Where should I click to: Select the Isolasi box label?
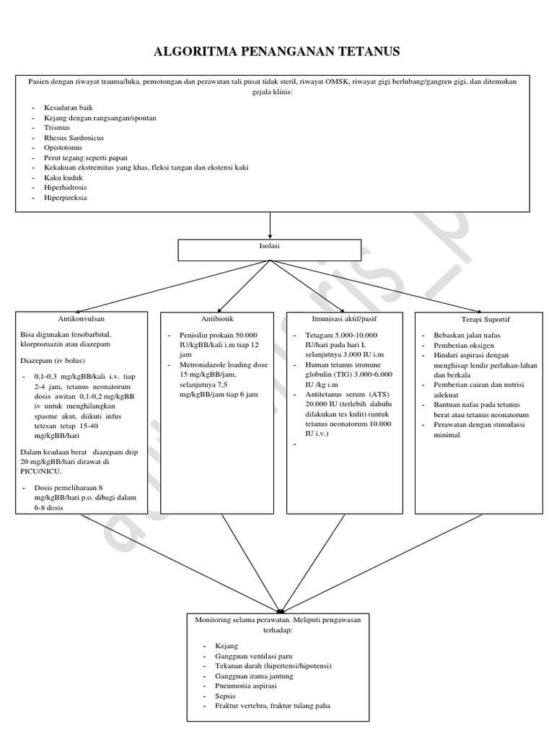270,246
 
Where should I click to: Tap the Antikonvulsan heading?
81,318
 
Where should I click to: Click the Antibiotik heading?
217,318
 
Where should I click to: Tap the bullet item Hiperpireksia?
65,197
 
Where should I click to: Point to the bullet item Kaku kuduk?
62,178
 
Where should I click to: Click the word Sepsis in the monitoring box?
225,696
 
